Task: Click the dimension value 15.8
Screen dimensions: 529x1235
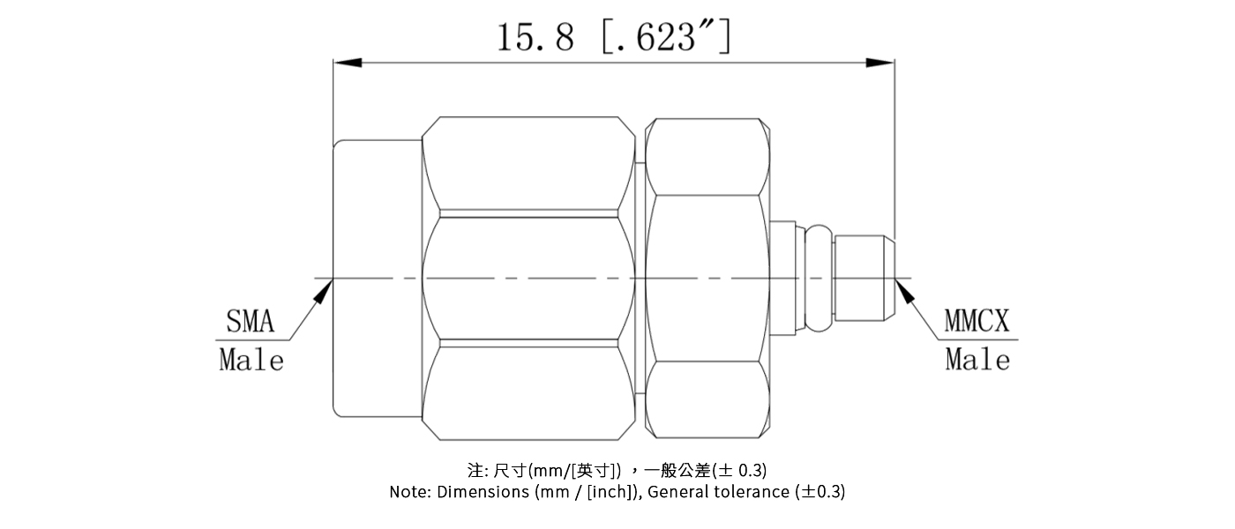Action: pos(535,38)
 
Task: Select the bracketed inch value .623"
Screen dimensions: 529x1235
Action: pos(665,38)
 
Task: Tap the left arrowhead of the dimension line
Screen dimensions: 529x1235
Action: pos(347,63)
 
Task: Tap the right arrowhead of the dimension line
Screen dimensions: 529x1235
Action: pos(880,63)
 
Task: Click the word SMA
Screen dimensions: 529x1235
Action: pos(251,322)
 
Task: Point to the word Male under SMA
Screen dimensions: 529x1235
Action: pos(251,360)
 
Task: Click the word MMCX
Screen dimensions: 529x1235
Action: pos(977,322)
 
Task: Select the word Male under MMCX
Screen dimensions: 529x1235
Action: pos(977,360)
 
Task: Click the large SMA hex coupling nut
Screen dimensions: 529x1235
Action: pos(528,278)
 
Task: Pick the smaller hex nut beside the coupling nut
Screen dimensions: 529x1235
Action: pos(707,278)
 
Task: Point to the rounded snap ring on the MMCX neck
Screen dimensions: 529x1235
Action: pos(819,278)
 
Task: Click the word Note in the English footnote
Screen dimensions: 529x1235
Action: pos(409,492)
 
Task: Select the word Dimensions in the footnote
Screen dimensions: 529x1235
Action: pos(483,492)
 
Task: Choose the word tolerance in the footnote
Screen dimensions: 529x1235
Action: pos(746,492)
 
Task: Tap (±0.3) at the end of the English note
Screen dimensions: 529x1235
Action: pos(820,492)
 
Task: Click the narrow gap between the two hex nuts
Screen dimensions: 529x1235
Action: pos(640,278)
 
